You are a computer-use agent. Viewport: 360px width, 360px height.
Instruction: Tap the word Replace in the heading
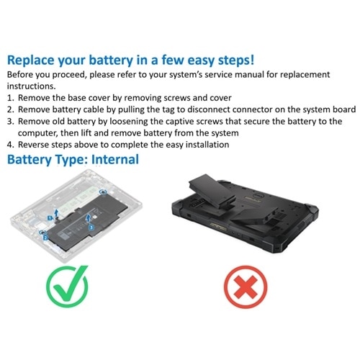tap(35, 60)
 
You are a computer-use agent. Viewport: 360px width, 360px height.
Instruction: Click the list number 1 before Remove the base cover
tap(9, 96)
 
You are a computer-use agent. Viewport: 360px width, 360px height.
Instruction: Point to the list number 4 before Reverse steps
tap(9, 144)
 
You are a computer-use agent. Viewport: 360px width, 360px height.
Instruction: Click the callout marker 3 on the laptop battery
tap(91, 226)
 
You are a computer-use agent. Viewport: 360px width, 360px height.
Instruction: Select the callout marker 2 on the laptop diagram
tap(45, 235)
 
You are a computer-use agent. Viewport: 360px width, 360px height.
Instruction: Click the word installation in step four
tap(204, 144)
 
